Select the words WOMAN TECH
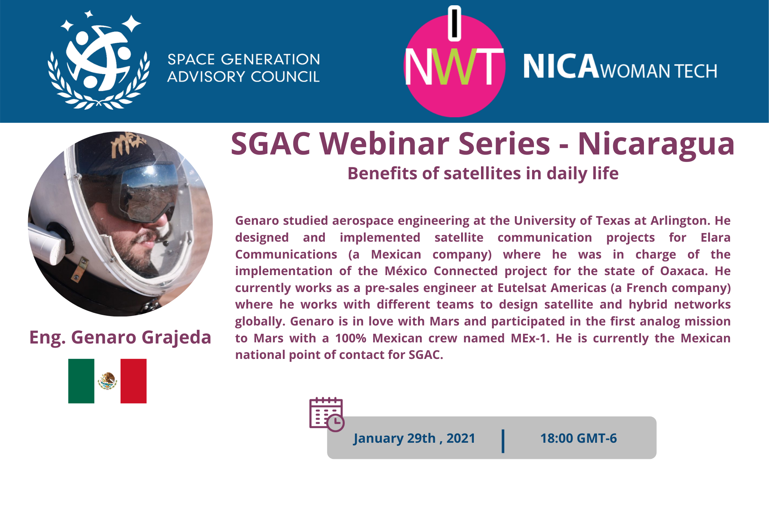[x=659, y=71]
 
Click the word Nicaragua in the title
[x=656, y=144]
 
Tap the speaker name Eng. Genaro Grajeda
[x=120, y=337]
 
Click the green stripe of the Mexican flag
[x=81, y=381]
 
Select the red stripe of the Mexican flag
[x=133, y=381]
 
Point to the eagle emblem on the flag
[x=107, y=381]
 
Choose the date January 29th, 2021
[x=414, y=438]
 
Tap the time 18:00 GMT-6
[x=578, y=438]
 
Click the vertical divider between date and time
[x=503, y=441]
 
